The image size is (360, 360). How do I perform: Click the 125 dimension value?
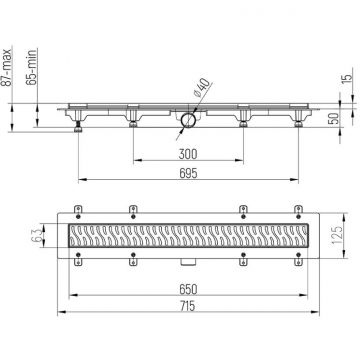(x=338, y=240)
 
